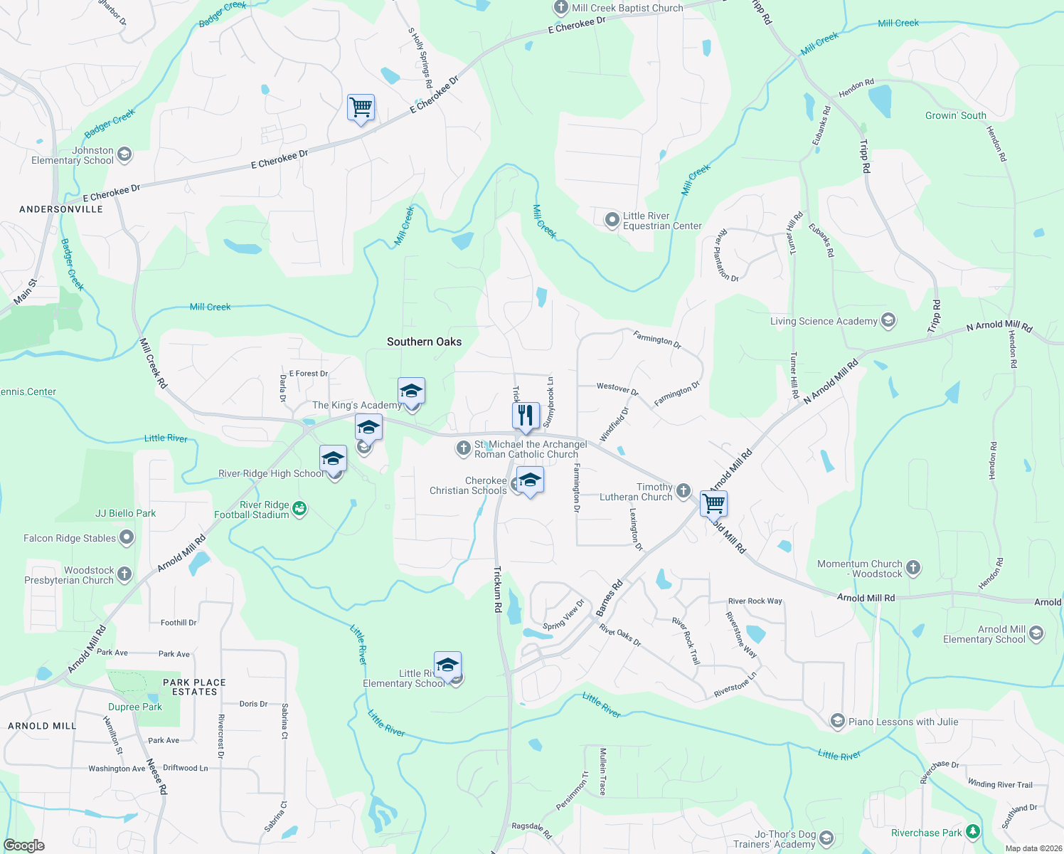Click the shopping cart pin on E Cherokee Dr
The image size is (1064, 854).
coord(361,108)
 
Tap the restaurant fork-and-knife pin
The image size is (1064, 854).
coord(526,416)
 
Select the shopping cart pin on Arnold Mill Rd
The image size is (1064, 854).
coord(713,503)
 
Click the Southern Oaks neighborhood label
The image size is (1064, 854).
coord(424,342)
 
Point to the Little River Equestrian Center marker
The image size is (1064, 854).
coord(612,221)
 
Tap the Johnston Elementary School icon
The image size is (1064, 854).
coord(124,154)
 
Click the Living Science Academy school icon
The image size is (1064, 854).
coord(888,321)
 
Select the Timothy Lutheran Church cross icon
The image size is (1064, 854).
coord(683,490)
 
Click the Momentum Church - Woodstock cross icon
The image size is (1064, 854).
coord(913,568)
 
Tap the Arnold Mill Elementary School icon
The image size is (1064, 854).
coord(1036,633)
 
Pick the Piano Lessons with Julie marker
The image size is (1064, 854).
coord(837,722)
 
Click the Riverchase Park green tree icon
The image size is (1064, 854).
coord(972,832)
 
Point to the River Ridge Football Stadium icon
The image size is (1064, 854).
coord(299,509)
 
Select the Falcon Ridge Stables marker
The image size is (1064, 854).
coord(127,537)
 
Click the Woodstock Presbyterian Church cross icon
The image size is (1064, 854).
coord(124,574)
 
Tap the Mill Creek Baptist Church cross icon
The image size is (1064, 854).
coord(560,8)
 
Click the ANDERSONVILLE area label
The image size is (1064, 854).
coord(61,209)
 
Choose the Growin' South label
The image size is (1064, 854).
coord(955,115)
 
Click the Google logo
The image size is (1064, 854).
coord(23,845)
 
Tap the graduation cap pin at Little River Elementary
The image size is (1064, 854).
coord(447,666)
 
